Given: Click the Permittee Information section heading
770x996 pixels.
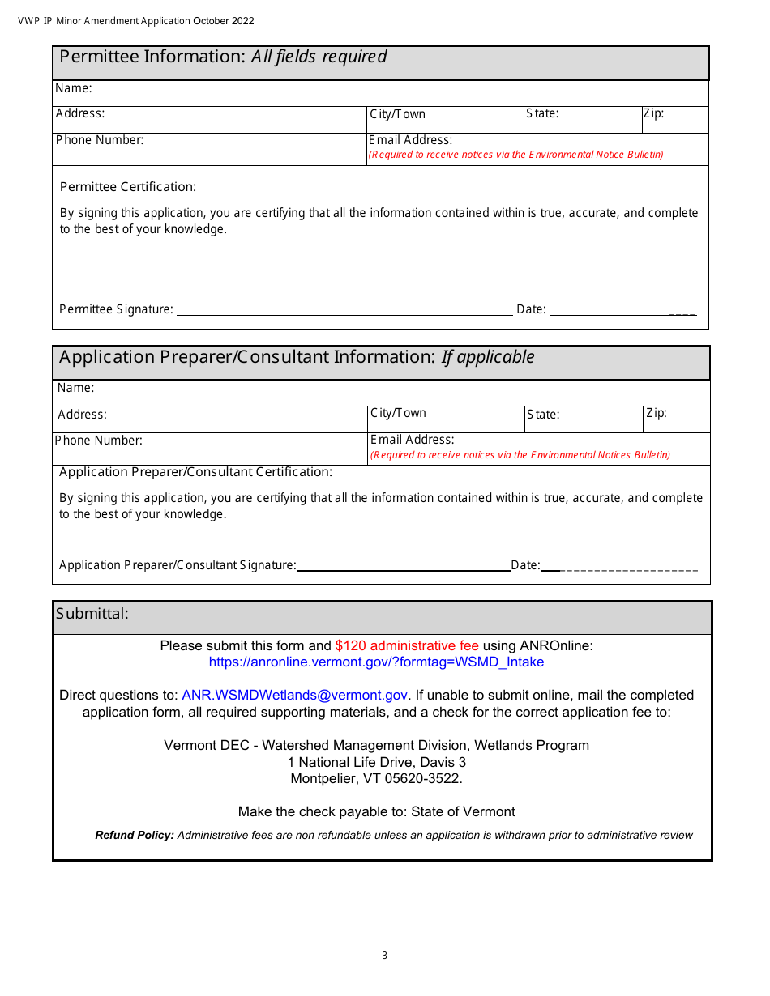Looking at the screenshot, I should pos(223,57).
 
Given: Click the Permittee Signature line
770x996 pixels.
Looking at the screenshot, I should pos(344,311).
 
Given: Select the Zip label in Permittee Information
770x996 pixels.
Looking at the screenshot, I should pos(653,113).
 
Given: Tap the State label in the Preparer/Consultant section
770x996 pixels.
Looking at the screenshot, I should pos(542,415).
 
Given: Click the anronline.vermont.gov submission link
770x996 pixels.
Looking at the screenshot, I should pos(376,662).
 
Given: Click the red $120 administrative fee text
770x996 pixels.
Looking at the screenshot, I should pos(406,646).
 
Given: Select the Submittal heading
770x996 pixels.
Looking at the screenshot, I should pos(92,614).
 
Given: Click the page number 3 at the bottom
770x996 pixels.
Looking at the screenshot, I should pos(384,956).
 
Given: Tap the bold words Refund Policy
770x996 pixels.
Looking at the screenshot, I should pos(135,835).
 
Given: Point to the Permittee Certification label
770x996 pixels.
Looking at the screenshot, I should pos(128,187).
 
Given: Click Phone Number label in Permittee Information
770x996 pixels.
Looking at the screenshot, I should pos(100,140).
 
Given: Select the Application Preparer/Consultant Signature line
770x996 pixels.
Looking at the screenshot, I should pos(403,567).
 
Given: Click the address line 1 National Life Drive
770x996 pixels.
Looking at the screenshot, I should pos(376,762).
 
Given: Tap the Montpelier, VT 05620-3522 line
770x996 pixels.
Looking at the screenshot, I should pos(376,779).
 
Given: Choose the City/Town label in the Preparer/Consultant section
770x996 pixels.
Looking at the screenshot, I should pos(398,413).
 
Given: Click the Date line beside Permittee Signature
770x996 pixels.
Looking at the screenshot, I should pos(622,311).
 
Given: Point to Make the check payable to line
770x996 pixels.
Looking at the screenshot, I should pos(376,811).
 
